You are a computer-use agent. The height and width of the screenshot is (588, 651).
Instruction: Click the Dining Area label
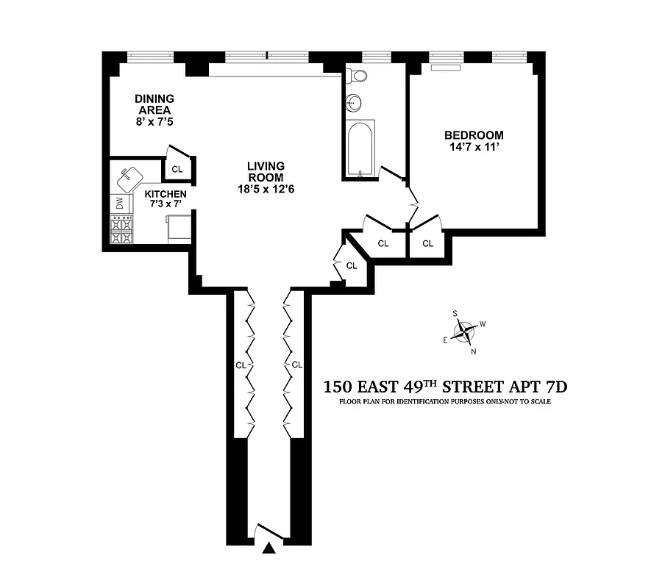pyautogui.click(x=154, y=104)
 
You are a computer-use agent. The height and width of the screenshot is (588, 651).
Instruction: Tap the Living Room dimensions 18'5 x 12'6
pyautogui.click(x=266, y=189)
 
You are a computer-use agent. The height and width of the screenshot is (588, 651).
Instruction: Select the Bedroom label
pyautogui.click(x=474, y=135)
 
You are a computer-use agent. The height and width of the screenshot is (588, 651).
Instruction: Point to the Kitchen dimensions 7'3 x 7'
pyautogui.click(x=166, y=204)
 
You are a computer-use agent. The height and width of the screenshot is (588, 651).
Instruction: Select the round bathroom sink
pyautogui.click(x=355, y=101)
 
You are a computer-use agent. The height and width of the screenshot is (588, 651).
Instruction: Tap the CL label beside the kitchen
pyautogui.click(x=177, y=169)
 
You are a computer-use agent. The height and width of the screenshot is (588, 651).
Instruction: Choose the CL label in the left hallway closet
pyautogui.click(x=241, y=365)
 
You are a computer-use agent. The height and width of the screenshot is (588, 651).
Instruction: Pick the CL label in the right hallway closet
pyautogui.click(x=297, y=365)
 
